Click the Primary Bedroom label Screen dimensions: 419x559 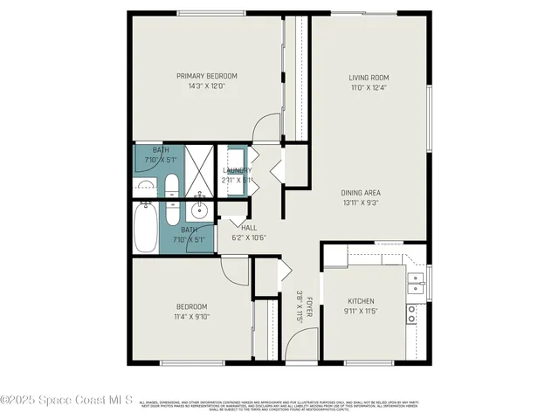tap(206, 76)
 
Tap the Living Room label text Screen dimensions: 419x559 tap(369, 78)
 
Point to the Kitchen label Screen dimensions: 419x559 tap(361, 300)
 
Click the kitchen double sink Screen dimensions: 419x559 tap(417, 280)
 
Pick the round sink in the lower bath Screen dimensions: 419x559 tap(199, 209)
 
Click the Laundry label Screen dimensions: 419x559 tap(238, 170)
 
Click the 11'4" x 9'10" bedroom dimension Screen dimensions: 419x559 tap(191, 317)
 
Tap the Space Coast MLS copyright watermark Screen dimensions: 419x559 tap(66, 401)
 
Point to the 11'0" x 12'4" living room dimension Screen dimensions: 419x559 tap(369, 87)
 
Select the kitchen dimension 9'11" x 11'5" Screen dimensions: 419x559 tap(361, 311)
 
